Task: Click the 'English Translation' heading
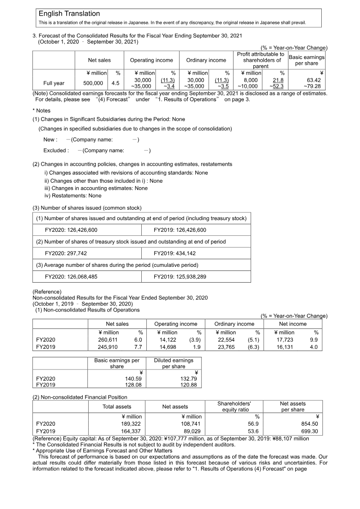tap(69, 14)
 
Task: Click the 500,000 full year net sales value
tap(93, 83)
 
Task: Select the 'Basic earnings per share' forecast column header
tap(306, 60)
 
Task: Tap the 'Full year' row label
tap(54, 83)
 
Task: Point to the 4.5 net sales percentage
tap(115, 83)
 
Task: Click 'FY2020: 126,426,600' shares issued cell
tap(71, 230)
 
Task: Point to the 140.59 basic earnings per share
tap(133, 379)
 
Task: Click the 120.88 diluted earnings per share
tap(189, 385)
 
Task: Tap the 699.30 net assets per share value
tap(309, 432)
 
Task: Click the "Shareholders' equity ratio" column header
tap(234, 406)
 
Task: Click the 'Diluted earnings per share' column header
tap(174, 363)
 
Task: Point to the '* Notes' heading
tap(41, 111)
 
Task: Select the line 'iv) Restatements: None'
tap(73, 196)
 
